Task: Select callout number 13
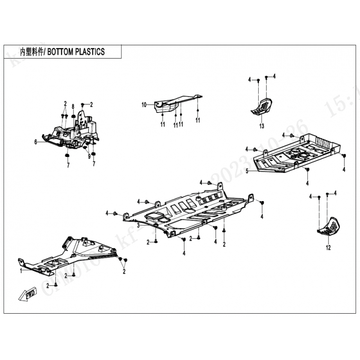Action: [261, 126]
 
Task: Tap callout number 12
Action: [328, 247]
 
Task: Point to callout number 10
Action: [144, 105]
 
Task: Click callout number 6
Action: [35, 141]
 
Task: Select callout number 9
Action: [89, 157]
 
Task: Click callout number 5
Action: [247, 171]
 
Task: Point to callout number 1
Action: [21, 271]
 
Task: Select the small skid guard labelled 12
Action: [328, 226]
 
